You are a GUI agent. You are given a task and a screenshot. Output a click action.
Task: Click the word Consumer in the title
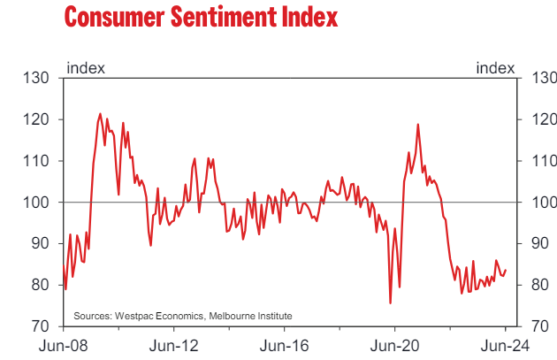[114, 17]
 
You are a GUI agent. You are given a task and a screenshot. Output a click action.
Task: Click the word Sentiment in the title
[224, 17]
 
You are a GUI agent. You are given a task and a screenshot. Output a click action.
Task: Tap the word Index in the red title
[309, 17]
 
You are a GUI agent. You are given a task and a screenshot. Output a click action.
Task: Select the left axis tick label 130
[36, 78]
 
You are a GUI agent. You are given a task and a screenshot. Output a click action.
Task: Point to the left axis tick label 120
[36, 119]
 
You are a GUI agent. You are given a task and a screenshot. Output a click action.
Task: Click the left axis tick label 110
[36, 161]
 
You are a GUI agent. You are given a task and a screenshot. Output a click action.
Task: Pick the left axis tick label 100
[36, 203]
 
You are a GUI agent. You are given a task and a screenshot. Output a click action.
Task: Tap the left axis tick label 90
[40, 243]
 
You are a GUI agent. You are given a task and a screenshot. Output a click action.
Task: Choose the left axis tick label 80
[40, 285]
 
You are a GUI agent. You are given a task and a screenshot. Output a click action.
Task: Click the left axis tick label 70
[40, 326]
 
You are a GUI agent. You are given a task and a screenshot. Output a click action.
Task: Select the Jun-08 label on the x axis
[64, 346]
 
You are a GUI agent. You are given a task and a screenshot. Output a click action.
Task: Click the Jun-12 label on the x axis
[173, 346]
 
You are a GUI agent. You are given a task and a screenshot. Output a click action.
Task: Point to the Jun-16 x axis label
[284, 346]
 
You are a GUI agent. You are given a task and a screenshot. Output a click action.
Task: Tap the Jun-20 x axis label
[394, 346]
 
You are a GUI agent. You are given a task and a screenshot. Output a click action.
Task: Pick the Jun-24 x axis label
[505, 346]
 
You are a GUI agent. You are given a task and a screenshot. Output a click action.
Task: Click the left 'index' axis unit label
[86, 68]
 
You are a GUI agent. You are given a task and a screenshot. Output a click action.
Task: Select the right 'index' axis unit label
[495, 68]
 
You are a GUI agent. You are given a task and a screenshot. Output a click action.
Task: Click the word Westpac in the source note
[134, 316]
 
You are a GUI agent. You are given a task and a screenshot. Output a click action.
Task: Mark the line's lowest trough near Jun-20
[391, 303]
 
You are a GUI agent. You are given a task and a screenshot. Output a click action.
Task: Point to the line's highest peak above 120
[100, 114]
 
